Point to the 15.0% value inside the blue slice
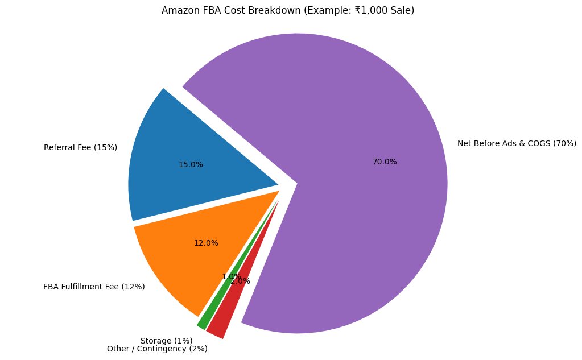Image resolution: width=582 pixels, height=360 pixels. (x=191, y=165)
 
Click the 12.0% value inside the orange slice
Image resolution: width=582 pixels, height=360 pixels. (x=206, y=243)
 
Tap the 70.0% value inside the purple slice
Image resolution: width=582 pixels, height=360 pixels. (x=385, y=162)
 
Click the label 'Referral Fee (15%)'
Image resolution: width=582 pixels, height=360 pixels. (x=80, y=148)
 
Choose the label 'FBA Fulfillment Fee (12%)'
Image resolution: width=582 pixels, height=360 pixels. (x=94, y=287)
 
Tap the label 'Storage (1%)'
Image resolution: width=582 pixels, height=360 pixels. (x=166, y=341)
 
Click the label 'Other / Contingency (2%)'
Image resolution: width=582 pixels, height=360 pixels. (x=157, y=349)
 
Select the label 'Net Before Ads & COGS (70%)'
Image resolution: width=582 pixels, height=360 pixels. (x=517, y=144)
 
